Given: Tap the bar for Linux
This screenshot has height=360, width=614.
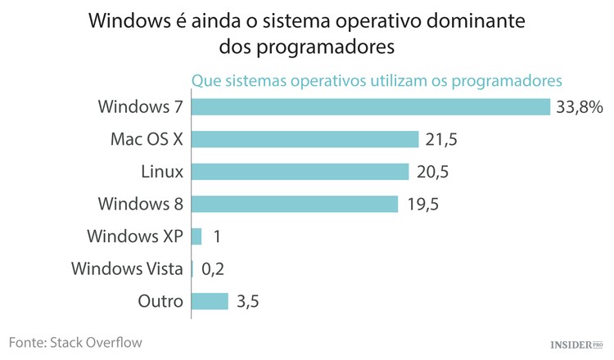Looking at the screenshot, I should click(300, 171).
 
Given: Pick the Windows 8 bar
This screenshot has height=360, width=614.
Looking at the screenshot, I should click(295, 204).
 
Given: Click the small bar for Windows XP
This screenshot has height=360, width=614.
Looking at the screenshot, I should click(196, 236).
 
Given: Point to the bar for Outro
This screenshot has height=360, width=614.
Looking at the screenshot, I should click(210, 301).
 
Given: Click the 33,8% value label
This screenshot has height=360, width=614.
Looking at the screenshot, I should click(579, 107).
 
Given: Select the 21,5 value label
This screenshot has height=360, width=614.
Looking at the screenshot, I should click(441, 140).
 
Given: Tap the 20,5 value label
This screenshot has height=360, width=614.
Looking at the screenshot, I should click(431, 172).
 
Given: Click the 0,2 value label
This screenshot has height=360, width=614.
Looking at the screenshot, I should click(212, 269).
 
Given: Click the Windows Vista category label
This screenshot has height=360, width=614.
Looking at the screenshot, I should click(127, 268).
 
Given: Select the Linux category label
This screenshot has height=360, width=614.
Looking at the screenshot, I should click(162, 171).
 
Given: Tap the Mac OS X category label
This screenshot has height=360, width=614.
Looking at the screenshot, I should click(147, 139).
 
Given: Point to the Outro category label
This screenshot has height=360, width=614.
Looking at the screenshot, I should click(160, 301).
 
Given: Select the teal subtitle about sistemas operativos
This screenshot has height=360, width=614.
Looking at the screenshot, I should click(376, 81).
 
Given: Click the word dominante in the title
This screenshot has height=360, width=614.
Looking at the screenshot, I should click(476, 20).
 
